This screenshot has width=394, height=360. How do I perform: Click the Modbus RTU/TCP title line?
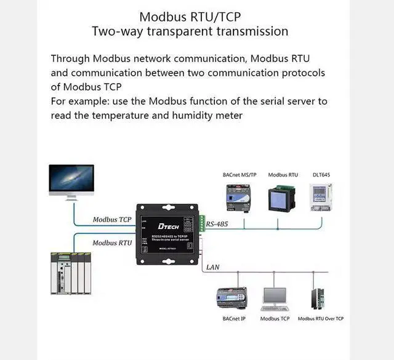[190, 17]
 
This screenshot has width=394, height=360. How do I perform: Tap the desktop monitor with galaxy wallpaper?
[71, 182]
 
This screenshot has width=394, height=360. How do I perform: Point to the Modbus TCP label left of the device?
[112, 220]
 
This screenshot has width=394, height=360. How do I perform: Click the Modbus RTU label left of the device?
[112, 243]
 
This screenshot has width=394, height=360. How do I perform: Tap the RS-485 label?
[217, 225]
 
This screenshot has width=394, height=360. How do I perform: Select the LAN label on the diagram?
[213, 267]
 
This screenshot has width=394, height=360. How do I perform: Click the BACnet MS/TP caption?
[240, 175]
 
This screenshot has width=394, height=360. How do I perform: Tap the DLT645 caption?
[321, 175]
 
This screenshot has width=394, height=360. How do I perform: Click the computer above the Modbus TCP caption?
[275, 298]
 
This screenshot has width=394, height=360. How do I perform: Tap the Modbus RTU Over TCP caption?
[321, 319]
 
